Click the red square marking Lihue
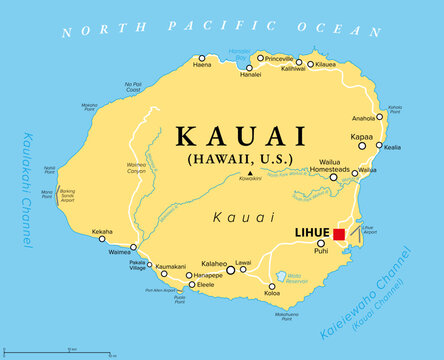pos(339,235)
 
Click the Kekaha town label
pos(102,232)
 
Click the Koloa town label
pos(273,293)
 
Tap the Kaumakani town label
pos(171,266)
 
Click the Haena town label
pos(202,66)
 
